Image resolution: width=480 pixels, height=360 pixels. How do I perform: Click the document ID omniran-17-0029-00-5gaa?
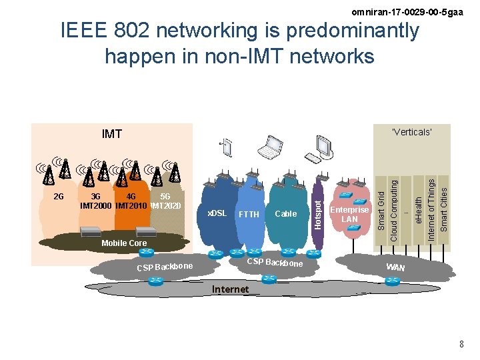pos(407,11)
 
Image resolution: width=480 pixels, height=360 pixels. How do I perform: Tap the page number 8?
pos(461,343)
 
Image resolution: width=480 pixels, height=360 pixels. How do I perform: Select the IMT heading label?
pos(112,135)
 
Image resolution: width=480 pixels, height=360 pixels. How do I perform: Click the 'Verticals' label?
pos(412,132)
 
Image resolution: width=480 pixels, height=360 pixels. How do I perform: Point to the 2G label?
pos(58,197)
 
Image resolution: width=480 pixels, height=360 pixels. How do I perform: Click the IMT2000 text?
pos(96,205)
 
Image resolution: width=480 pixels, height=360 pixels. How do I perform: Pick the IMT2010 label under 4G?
pos(131,205)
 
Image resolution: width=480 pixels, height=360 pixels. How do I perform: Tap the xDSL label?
pos(217,213)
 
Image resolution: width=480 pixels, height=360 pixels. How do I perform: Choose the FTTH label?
pos(249,215)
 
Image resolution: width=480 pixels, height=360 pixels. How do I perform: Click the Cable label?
pos(286,214)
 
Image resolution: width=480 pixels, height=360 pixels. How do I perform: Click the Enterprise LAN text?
pos(350,214)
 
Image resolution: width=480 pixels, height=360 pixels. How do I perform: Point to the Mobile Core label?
pos(124,243)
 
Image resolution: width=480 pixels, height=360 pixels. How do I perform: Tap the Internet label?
pos(230,289)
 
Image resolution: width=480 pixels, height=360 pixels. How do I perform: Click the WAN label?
pos(395,267)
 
